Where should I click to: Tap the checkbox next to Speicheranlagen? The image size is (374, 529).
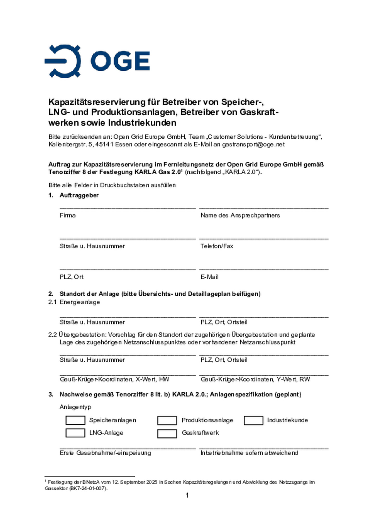(75, 420)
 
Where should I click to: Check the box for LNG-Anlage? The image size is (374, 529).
(75, 433)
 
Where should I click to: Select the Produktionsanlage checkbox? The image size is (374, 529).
(167, 421)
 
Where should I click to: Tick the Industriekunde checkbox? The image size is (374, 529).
(253, 421)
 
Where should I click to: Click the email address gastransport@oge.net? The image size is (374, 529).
(253, 144)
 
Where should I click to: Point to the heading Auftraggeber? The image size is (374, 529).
(79, 195)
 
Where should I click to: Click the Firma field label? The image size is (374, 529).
(68, 215)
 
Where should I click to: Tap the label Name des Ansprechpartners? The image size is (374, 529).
(240, 215)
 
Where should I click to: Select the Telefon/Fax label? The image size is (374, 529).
(217, 246)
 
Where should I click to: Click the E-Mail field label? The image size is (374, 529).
(209, 277)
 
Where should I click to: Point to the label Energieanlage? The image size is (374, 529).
(80, 302)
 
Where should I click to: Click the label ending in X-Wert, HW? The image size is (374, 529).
(115, 379)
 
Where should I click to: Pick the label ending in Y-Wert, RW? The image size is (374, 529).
(255, 379)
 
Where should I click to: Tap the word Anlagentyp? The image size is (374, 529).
(75, 407)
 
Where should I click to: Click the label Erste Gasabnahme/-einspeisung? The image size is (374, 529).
(105, 453)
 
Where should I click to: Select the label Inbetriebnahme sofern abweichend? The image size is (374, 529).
(249, 453)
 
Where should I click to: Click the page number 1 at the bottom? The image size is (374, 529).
(187, 495)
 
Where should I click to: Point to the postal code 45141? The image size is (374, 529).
(104, 144)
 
